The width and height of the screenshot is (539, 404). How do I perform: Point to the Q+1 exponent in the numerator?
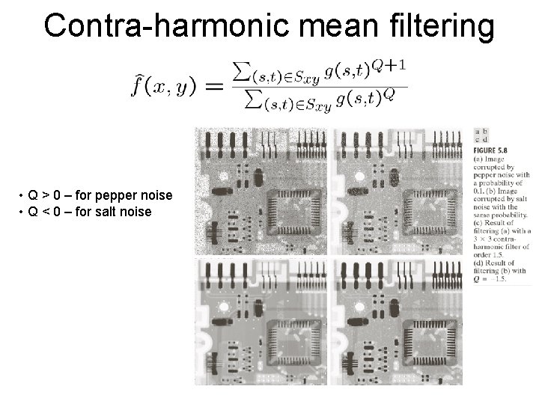(391, 65)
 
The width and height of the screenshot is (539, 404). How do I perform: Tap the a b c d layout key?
(482, 135)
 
